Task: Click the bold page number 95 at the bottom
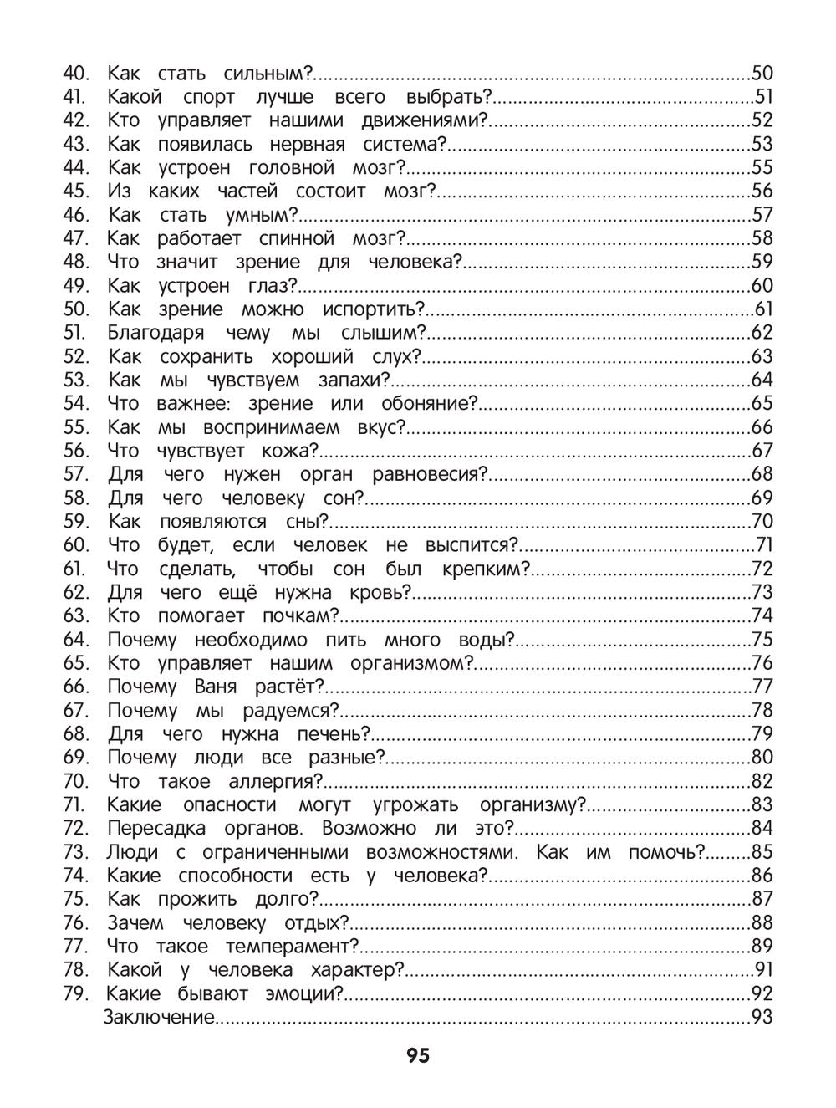pyautogui.click(x=418, y=1055)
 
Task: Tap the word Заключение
pyautogui.click(x=159, y=1018)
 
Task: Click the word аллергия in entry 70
pyautogui.click(x=275, y=781)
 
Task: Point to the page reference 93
pyautogui.click(x=762, y=1018)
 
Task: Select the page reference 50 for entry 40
pyautogui.click(x=762, y=73)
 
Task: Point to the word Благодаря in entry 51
pyautogui.click(x=155, y=333)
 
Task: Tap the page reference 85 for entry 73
pyautogui.click(x=762, y=853)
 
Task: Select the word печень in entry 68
pyautogui.click(x=334, y=734)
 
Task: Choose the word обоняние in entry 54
pyautogui.click(x=429, y=404)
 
